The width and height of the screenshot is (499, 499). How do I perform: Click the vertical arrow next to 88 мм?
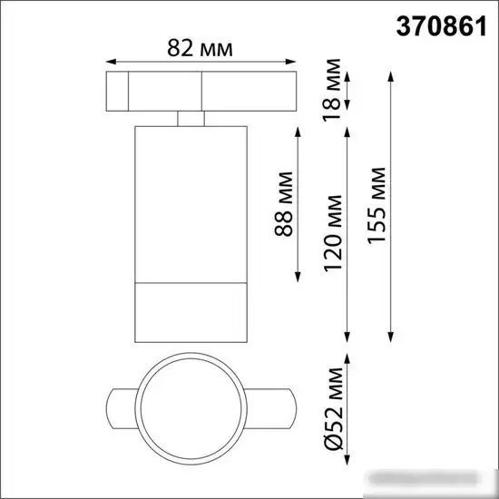298,204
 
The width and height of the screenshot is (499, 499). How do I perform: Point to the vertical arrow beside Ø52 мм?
348,406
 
